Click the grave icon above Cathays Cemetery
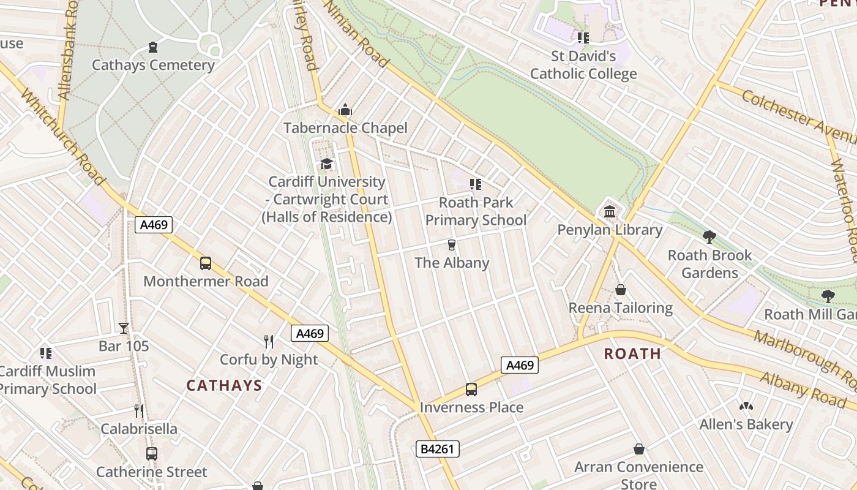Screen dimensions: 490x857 [x=153, y=47]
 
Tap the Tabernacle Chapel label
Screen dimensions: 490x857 [x=345, y=128]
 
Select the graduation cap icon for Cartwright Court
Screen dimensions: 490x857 [x=326, y=164]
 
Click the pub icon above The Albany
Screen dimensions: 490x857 [x=452, y=245]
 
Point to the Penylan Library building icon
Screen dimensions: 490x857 [x=610, y=212]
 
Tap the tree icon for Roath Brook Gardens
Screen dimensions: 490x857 [x=709, y=237]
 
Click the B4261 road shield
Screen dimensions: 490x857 [x=438, y=449]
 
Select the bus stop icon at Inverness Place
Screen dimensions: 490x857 [x=471, y=390]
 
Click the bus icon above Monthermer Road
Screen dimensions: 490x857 [x=206, y=263]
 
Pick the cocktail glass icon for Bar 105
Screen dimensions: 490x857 [x=124, y=328]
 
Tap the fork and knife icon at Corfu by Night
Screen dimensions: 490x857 [x=269, y=342]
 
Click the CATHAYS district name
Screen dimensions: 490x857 [x=224, y=385]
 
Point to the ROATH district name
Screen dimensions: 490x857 [x=632, y=353]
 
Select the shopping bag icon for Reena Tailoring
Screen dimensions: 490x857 [x=621, y=290]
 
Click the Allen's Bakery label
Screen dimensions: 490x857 [x=746, y=424]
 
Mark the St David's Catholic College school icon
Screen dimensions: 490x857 [x=583, y=38]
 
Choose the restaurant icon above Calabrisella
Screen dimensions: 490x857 [x=139, y=411]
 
